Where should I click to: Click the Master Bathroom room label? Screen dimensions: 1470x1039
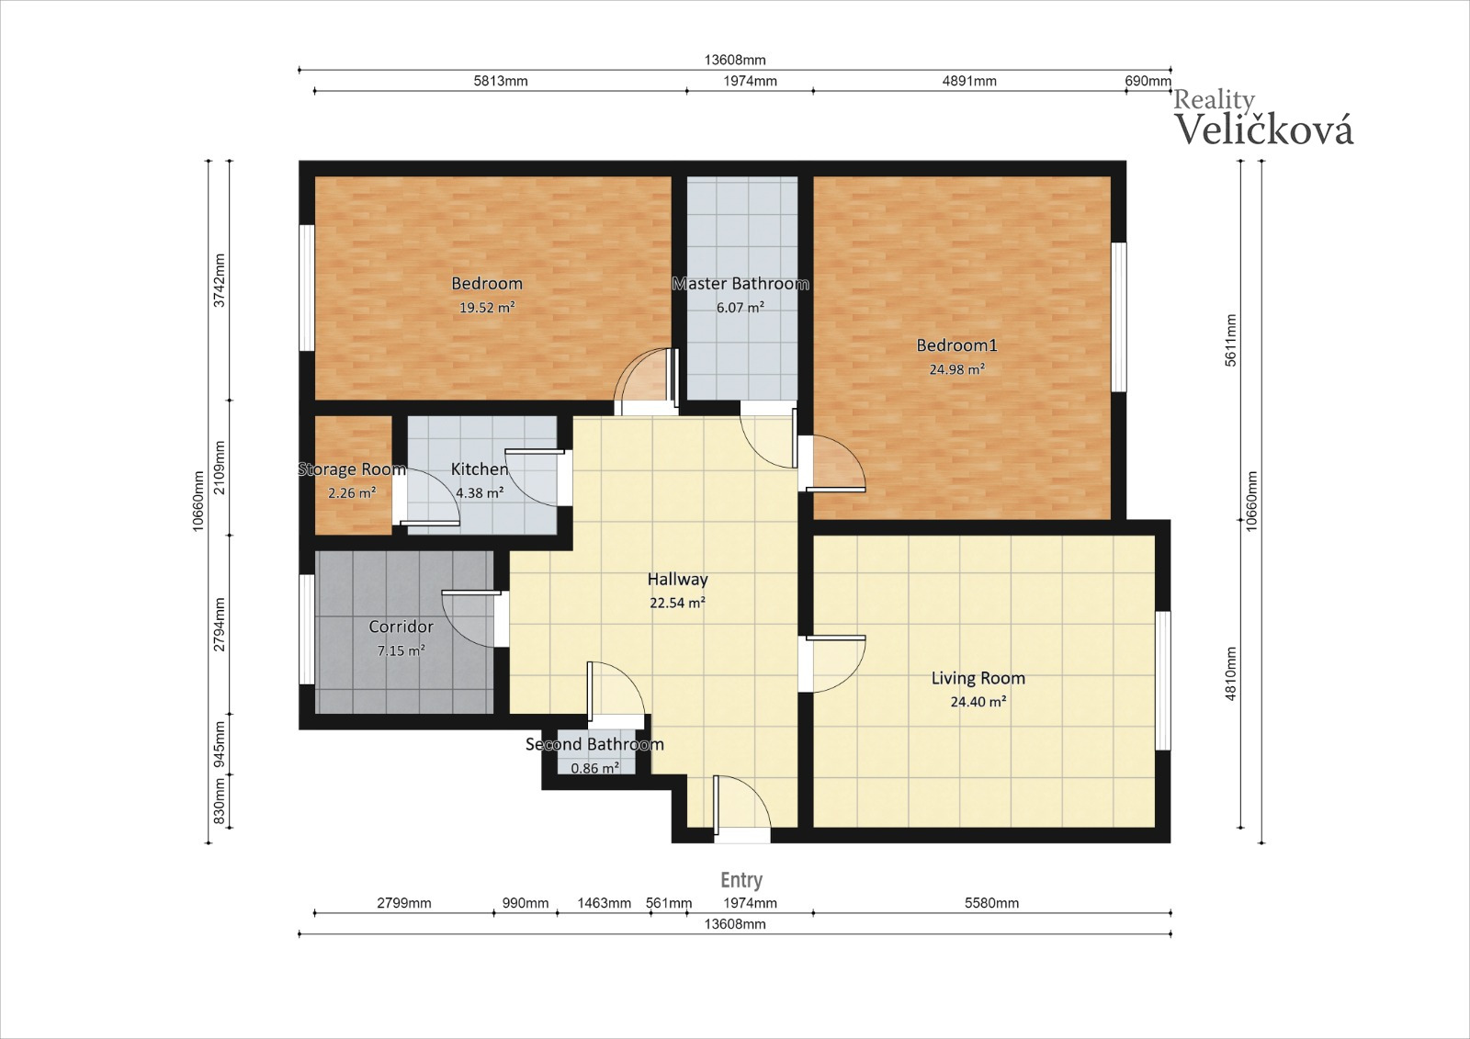[741, 284]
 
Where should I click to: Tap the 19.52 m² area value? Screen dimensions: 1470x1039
[486, 307]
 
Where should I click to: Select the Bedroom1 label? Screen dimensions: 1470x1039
[956, 344]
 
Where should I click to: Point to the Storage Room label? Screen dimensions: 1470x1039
[352, 469]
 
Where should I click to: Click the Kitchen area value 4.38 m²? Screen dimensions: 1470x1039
[480, 492]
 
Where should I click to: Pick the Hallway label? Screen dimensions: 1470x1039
[677, 580]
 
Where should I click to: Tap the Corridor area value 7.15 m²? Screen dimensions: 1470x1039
[401, 650]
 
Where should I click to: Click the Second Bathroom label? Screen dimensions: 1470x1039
[594, 744]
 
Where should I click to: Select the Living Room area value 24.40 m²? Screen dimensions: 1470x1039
[978, 702]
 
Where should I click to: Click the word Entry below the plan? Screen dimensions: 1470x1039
[741, 879]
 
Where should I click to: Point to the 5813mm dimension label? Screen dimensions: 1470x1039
[501, 81]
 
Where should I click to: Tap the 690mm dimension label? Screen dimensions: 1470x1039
[1148, 81]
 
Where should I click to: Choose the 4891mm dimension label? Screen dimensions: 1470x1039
[969, 81]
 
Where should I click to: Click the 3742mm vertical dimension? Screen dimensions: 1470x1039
[220, 280]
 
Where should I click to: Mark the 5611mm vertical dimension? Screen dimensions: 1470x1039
[1231, 341]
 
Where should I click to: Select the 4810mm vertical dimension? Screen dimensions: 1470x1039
[1231, 673]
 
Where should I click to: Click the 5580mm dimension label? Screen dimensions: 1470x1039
[991, 903]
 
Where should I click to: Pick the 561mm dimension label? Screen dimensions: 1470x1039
[669, 903]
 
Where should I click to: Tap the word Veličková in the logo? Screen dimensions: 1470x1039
[1263, 129]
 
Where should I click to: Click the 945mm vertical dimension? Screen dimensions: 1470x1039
[220, 744]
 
